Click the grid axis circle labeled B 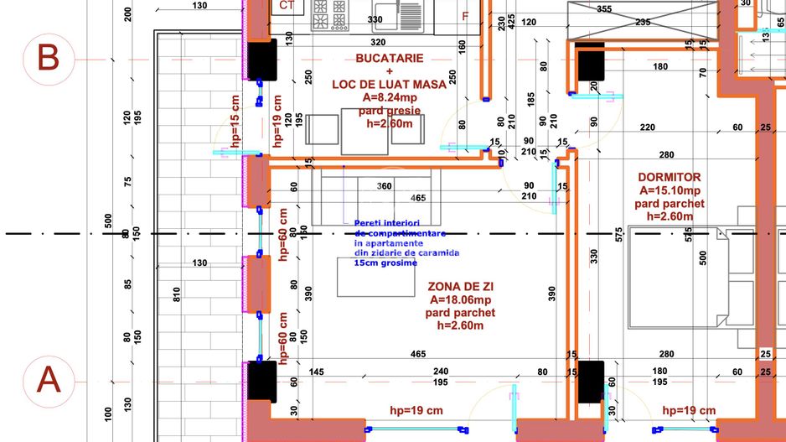[x=49, y=59]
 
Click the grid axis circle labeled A [x=49, y=382]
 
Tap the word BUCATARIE [x=389, y=59]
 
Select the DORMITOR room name [x=669, y=178]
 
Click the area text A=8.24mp [x=389, y=97]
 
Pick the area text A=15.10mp [x=669, y=190]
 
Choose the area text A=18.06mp [x=460, y=299]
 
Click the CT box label [x=287, y=6]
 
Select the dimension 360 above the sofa [x=385, y=186]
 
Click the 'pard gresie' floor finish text [x=389, y=110]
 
